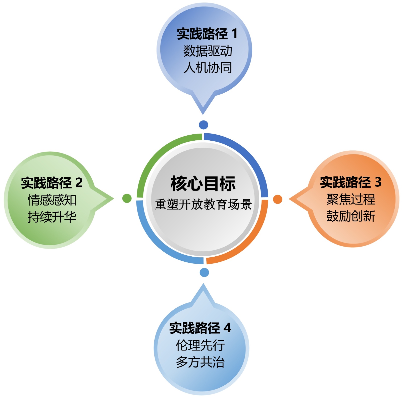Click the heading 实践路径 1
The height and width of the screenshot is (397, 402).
(x=207, y=34)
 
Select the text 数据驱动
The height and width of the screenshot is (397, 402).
(x=208, y=51)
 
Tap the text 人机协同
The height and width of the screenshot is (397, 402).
(x=208, y=68)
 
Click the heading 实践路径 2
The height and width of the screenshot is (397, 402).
(x=52, y=183)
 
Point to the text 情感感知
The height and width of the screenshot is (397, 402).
(x=52, y=200)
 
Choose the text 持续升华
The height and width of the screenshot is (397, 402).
(x=52, y=217)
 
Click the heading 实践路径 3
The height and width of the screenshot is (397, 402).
(x=351, y=182)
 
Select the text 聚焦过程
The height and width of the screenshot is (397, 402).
(x=351, y=199)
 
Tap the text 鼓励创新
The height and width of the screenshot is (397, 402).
(x=351, y=216)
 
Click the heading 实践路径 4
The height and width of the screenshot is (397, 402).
(x=200, y=328)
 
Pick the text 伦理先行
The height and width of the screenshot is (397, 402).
(x=200, y=345)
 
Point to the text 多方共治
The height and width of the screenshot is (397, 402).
(x=200, y=362)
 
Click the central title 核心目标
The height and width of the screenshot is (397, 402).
(x=203, y=183)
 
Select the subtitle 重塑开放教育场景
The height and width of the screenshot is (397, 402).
(x=203, y=204)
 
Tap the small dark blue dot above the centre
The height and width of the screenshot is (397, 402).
(x=204, y=125)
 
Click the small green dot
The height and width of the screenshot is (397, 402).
(x=127, y=198)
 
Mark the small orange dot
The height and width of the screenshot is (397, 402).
(x=278, y=199)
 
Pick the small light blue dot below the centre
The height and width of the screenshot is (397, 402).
(x=204, y=272)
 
